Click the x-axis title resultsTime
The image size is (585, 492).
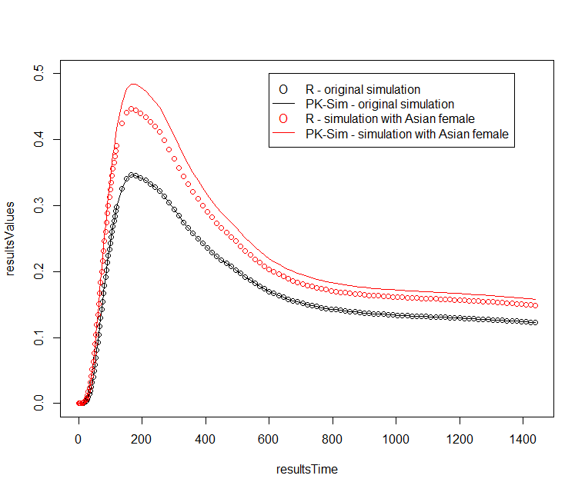coord(307,469)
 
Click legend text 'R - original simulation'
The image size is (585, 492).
coord(363,89)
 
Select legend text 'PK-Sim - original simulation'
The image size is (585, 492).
coord(379,104)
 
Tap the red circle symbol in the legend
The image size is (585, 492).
coord(283,118)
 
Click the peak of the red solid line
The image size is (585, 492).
coord(133,84)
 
